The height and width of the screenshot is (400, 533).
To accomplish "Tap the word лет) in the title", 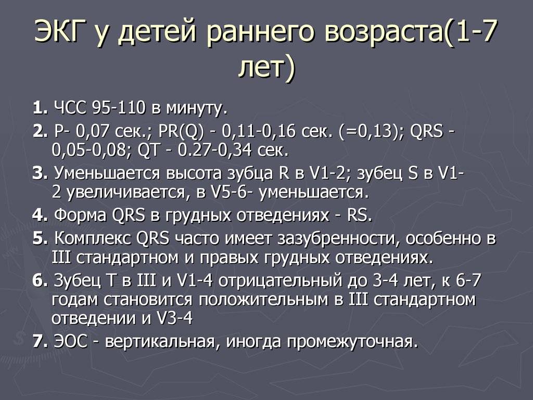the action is point(267,67).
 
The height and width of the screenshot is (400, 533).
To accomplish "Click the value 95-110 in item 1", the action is point(118,108).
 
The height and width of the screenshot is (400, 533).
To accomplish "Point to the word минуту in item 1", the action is point(195,109).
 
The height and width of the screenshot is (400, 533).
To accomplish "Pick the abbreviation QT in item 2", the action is point(148,151).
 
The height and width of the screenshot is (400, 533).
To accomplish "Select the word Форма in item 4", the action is point(80,216).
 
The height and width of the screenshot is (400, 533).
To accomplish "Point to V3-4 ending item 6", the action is point(174,319).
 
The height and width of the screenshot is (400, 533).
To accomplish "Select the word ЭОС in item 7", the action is point(71,342).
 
